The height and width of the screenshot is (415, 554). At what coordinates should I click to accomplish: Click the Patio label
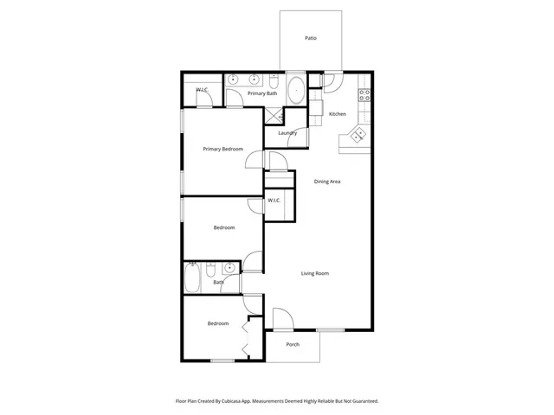point(310,38)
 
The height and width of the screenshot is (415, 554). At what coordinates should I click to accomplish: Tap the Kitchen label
point(337,114)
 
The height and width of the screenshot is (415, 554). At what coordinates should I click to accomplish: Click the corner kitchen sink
point(356,135)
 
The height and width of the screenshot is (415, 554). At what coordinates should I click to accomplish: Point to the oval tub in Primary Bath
point(295,90)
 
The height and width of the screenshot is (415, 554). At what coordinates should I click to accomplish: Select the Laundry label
point(287,133)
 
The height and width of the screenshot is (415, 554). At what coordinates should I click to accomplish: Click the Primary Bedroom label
point(222,149)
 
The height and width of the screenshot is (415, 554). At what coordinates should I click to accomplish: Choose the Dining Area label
point(326,182)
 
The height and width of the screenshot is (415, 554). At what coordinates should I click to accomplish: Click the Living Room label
point(314,273)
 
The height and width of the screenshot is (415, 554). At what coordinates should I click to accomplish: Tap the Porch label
point(293,343)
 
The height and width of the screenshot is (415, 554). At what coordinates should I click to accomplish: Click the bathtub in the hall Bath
point(194,278)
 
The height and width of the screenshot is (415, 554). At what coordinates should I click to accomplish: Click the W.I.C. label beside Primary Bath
point(202,90)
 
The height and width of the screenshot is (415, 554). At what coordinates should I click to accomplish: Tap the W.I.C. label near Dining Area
point(274,201)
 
